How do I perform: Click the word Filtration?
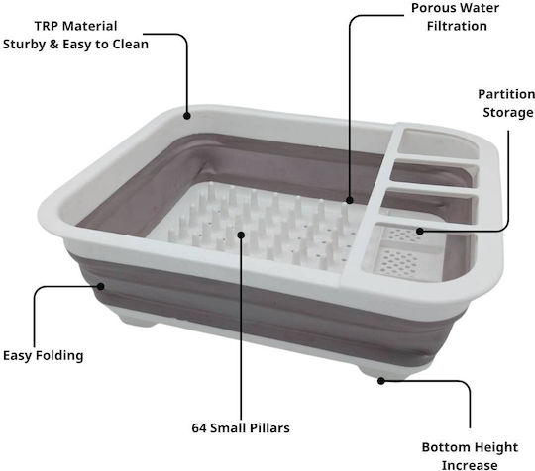click(x=457, y=26)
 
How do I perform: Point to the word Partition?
click(x=506, y=94)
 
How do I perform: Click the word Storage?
click(x=508, y=113)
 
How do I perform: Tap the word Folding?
click(x=59, y=356)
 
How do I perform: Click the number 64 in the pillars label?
click(x=199, y=428)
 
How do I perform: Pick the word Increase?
click(x=470, y=465)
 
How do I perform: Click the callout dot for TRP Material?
click(x=186, y=116)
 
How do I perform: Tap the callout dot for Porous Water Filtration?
click(x=349, y=200)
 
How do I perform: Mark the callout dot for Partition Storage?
click(x=420, y=232)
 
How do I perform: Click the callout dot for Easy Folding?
click(x=100, y=286)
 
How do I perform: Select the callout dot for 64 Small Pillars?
click(x=241, y=235)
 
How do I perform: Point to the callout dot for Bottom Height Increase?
click(x=381, y=381)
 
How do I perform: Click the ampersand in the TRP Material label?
click(x=54, y=45)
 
